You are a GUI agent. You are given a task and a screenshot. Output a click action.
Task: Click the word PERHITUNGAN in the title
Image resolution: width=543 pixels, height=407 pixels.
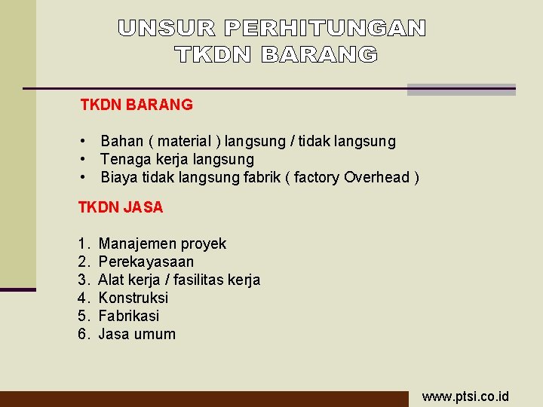(x=325, y=29)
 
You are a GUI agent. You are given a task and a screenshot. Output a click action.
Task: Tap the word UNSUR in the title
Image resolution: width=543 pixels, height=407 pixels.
(x=167, y=29)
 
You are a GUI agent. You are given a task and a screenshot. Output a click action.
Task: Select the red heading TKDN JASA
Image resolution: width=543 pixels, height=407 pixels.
(x=121, y=207)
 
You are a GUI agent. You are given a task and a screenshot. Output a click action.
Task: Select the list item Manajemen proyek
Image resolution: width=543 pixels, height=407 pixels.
(x=162, y=243)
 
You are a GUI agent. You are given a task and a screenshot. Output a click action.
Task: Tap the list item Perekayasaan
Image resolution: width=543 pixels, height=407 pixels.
(x=146, y=262)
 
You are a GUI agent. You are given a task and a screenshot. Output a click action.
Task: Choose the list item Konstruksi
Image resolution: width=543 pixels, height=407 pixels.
(x=133, y=298)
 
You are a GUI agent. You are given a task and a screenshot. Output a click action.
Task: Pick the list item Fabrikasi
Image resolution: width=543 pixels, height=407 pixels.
(x=129, y=316)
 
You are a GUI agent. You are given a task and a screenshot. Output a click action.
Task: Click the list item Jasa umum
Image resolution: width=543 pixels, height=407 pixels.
(x=137, y=334)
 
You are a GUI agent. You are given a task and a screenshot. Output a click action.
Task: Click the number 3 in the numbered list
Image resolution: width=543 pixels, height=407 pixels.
(x=82, y=280)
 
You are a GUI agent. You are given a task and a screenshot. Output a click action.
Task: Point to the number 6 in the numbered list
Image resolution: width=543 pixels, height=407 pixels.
(x=82, y=334)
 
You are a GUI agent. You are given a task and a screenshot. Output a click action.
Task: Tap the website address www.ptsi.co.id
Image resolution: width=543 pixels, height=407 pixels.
(x=465, y=396)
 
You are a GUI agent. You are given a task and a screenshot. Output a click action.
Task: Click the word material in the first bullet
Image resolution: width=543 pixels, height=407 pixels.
(x=184, y=141)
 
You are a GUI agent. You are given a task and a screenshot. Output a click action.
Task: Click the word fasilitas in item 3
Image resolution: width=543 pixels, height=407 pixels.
(x=204, y=280)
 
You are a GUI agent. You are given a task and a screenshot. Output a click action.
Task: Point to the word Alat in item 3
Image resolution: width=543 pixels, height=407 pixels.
(x=111, y=280)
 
